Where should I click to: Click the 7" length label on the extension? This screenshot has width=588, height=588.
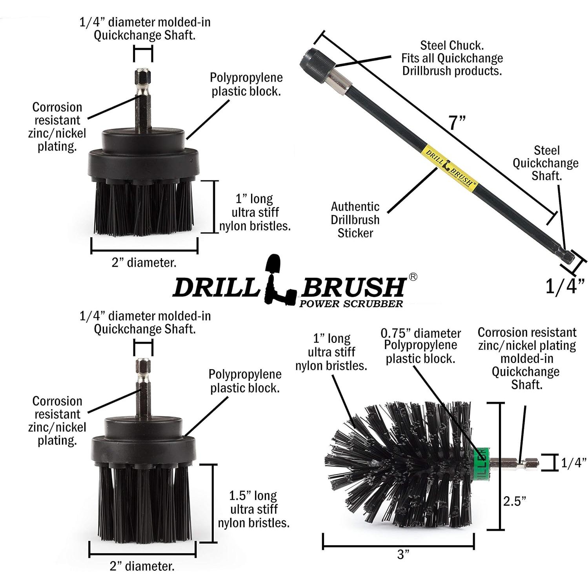(457, 122)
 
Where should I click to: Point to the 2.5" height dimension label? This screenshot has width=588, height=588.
(515, 501)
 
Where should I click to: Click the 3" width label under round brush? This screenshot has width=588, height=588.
(403, 554)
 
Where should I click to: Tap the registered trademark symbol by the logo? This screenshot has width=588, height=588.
(413, 277)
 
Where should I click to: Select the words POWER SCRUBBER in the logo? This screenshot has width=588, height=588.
(351, 303)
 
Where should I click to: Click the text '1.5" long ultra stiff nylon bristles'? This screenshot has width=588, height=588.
(253, 509)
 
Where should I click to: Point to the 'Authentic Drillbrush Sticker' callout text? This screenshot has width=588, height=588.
(355, 220)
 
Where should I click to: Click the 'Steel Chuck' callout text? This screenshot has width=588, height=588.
(452, 58)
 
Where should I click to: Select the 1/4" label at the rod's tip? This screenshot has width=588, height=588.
(565, 286)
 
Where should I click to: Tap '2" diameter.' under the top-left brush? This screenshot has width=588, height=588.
(144, 262)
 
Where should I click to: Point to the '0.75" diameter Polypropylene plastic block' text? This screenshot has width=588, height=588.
(421, 346)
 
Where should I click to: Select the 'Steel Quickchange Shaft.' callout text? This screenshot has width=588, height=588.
(546, 163)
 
